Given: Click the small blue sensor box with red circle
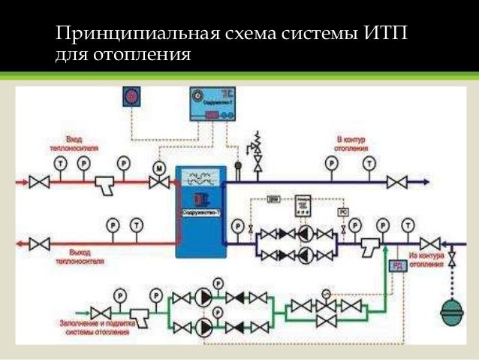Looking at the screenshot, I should coord(132,97).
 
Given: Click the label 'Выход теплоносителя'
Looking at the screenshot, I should coord(78,258).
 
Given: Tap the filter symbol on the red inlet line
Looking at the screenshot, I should coord(106,183).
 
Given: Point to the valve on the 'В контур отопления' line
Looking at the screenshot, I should coord(396,182).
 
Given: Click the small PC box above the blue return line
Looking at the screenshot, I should coord(342,212).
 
